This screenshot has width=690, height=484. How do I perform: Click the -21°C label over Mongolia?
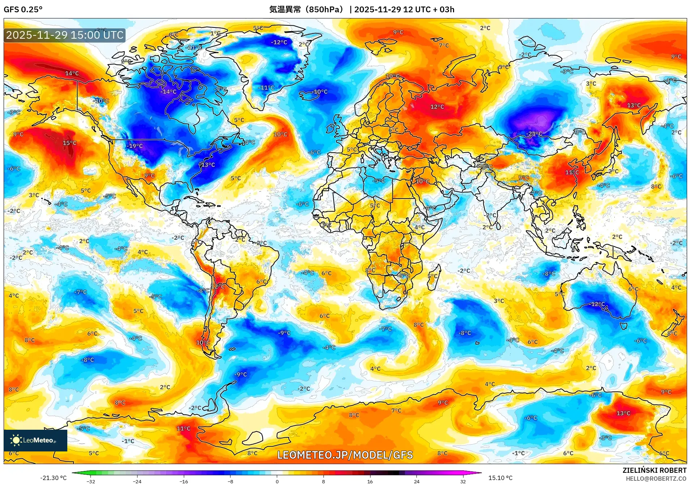click(534, 133)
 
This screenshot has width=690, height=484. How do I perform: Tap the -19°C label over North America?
click(135, 146)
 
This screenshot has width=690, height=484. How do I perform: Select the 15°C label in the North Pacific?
click(69, 143)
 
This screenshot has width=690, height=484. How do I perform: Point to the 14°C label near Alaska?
click(72, 73)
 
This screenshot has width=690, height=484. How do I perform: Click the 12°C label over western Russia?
click(437, 107)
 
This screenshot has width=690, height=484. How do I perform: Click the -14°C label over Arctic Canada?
click(168, 92)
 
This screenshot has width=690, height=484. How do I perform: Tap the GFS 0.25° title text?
click(23, 9)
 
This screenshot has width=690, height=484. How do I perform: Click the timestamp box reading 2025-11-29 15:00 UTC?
click(65, 35)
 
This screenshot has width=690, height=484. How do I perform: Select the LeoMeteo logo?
click(35, 440)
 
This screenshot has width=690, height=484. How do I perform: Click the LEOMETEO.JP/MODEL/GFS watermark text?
click(345, 455)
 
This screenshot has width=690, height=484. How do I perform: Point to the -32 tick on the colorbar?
click(91, 481)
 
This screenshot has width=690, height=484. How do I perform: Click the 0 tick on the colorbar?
click(277, 481)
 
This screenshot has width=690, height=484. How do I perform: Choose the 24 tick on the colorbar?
click(416, 481)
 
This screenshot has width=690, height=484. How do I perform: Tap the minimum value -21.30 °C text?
click(53, 478)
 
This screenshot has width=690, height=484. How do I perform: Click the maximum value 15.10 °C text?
click(500, 478)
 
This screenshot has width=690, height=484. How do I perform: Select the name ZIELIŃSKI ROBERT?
click(654, 470)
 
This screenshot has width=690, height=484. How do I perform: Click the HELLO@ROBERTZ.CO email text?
click(656, 479)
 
